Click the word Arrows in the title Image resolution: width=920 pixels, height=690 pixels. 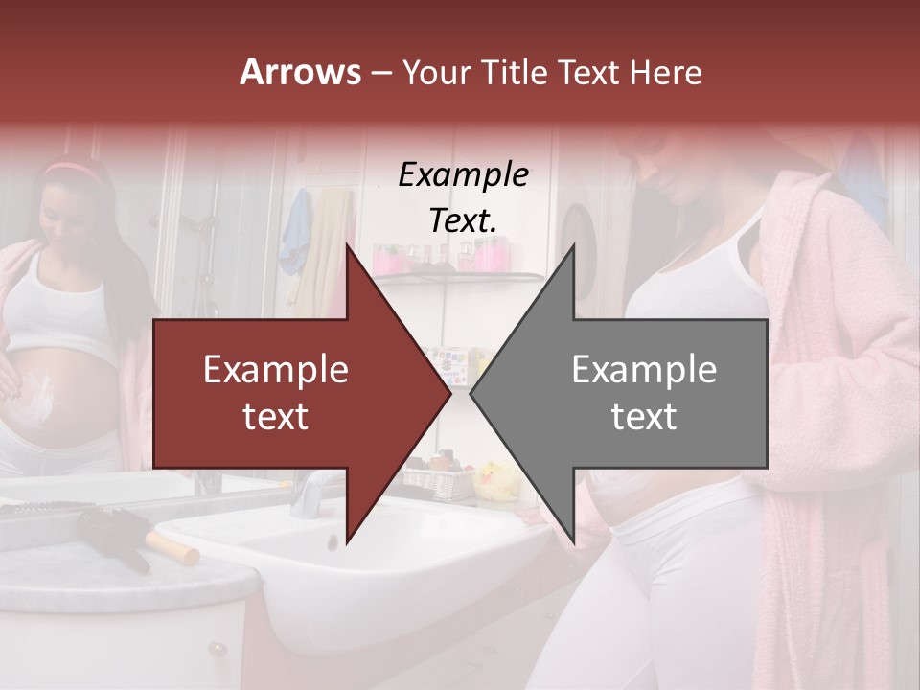tap(300, 72)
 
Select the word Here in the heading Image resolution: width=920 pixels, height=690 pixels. tap(666, 72)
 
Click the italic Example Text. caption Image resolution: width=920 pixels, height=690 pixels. tap(463, 196)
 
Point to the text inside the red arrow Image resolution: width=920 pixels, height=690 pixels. tap(275, 393)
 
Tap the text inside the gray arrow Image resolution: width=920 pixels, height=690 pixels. tap(644, 393)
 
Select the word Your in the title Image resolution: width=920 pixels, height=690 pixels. tap(435, 72)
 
